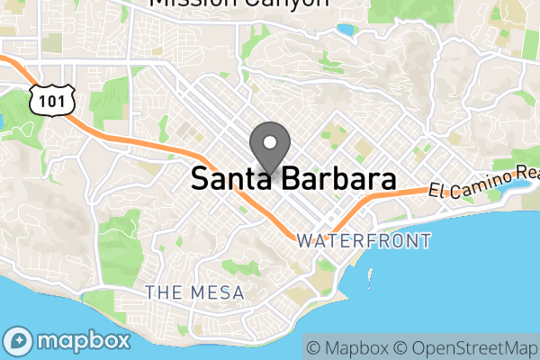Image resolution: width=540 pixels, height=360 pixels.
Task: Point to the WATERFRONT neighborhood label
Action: (x=364, y=241)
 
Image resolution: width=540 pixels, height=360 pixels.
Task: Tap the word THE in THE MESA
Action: (x=165, y=292)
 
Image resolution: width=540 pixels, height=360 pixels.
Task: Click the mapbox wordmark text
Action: (x=84, y=342)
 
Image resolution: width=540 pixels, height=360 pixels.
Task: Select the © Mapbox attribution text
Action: (x=346, y=347)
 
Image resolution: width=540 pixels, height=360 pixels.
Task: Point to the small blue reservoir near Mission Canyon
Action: (x=346, y=30)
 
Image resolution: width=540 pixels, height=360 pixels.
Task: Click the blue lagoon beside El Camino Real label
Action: (x=519, y=188)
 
